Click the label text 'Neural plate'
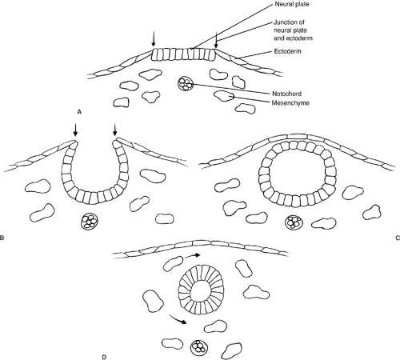(292, 4)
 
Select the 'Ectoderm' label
(288, 51)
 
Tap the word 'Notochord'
(287, 94)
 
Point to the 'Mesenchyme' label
(290, 103)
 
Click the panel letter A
(79, 112)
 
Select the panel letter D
(104, 357)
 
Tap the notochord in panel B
(90, 221)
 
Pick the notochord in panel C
(294, 222)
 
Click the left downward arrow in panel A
(154, 39)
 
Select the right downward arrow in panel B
(115, 130)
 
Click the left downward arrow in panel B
(76, 130)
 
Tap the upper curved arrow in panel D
(193, 256)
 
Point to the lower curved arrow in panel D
(178, 320)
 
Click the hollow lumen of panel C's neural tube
(296, 175)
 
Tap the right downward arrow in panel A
(216, 40)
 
